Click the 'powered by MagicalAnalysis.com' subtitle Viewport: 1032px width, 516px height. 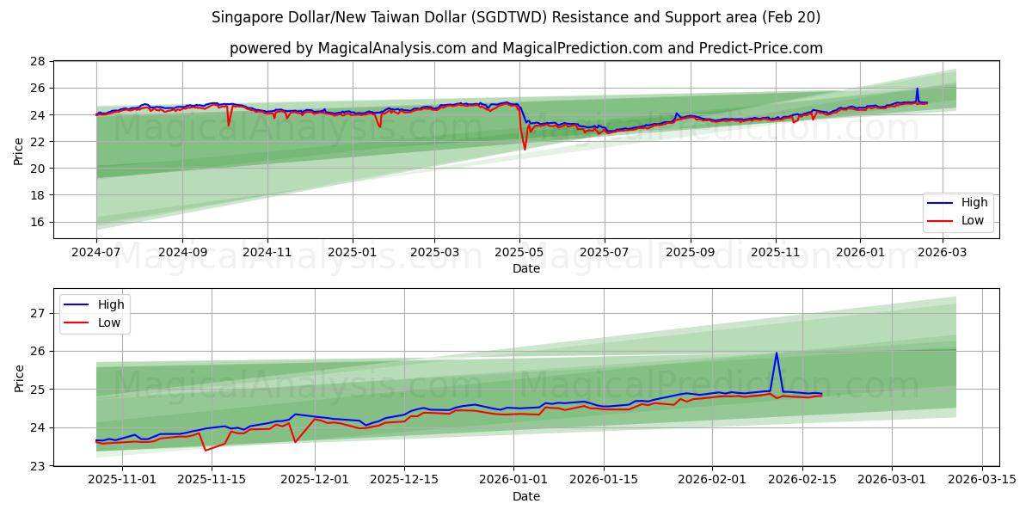(x=525, y=48)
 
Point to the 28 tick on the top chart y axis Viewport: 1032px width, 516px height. (x=37, y=61)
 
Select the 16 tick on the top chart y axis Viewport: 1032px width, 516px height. (x=37, y=222)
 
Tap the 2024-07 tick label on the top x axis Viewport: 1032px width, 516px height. (x=96, y=253)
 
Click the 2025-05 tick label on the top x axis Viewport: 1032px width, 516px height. (x=519, y=253)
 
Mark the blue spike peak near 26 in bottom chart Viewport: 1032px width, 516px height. (x=777, y=353)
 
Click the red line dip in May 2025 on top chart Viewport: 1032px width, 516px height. (x=525, y=150)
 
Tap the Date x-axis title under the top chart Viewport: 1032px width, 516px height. (x=525, y=268)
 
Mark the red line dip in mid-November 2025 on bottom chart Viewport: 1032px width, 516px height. (x=206, y=450)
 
